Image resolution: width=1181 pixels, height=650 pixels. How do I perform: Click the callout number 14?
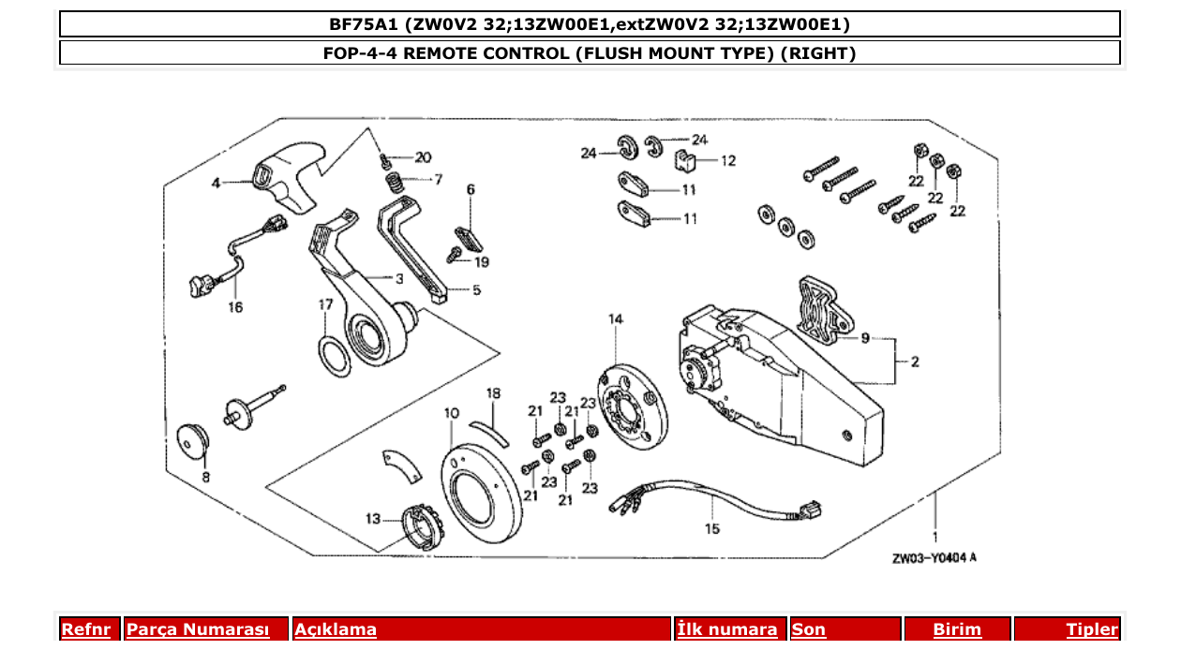tap(615, 319)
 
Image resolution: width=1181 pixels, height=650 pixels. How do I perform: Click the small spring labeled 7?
tap(397, 180)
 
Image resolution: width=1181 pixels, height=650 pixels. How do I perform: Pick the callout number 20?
tap(423, 156)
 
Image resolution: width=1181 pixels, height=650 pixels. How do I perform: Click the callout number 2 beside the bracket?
tap(916, 362)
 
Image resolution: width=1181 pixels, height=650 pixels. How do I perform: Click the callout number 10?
tap(452, 412)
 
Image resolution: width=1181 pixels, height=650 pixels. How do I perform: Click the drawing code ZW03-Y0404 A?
tap(934, 558)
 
